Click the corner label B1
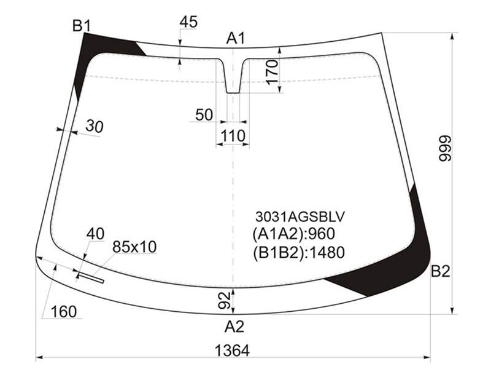pyautogui.click(x=82, y=25)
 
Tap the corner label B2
pyautogui.click(x=441, y=271)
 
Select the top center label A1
pyautogui.click(x=236, y=38)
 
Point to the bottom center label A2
pyautogui.click(x=234, y=327)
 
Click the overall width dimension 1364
pyautogui.click(x=232, y=351)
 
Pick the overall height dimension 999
pyautogui.click(x=444, y=148)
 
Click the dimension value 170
pyautogui.click(x=272, y=72)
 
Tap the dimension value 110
pyautogui.click(x=233, y=136)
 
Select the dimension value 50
pyautogui.click(x=204, y=115)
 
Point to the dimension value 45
pyautogui.click(x=188, y=22)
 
